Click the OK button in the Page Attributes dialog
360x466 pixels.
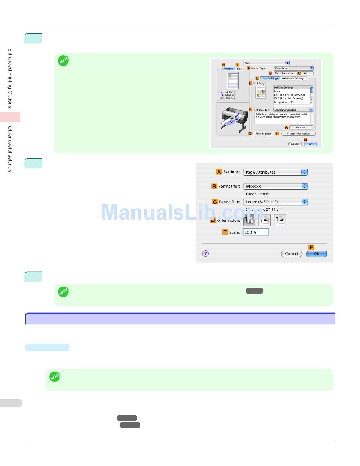(316, 254)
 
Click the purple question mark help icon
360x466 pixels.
(205, 254)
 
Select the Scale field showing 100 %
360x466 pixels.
(256, 232)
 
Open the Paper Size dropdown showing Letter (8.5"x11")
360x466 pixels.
(275, 202)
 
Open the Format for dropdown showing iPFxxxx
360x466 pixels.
(275, 186)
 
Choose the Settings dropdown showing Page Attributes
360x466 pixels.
(275, 172)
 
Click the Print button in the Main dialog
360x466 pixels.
(310, 144)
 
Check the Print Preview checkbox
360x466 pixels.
(254, 133)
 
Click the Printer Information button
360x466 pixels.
(298, 133)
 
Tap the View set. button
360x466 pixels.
(301, 127)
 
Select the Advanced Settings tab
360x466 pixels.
(293, 78)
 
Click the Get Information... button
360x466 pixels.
(285, 73)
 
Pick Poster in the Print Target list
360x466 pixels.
(278, 91)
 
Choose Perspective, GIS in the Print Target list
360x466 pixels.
(283, 102)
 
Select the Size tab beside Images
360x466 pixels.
(239, 69)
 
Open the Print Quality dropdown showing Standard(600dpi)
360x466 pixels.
(293, 110)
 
